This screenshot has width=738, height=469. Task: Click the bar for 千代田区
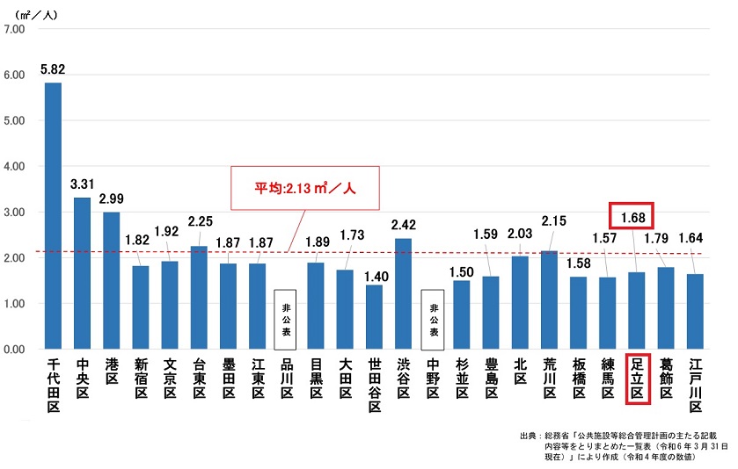tap(53, 216)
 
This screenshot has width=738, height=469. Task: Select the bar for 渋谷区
tap(403, 293)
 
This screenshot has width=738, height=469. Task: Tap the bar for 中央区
tap(82, 273)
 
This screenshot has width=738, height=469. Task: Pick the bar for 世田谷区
tap(374, 316)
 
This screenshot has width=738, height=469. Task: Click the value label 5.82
tap(53, 68)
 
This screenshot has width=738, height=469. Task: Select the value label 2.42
tap(404, 224)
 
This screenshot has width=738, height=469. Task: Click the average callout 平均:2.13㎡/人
tap(304, 188)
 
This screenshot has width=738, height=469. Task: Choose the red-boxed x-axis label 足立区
tap(637, 379)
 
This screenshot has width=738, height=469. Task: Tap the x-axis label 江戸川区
tap(695, 384)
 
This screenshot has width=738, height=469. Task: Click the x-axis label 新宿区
tap(141, 379)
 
